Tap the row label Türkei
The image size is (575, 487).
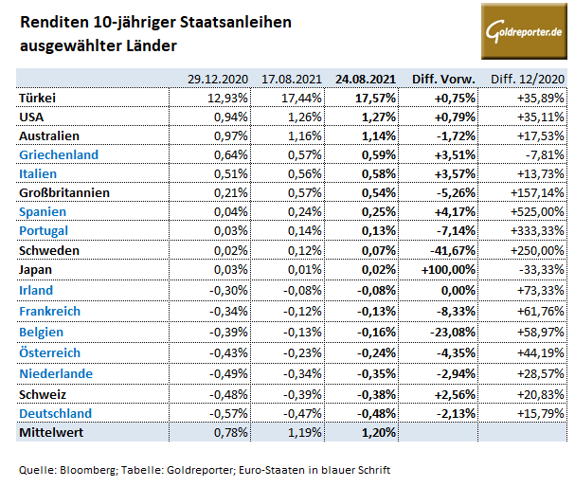point(38,97)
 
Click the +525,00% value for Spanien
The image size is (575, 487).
point(538,212)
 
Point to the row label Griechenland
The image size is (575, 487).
point(59,154)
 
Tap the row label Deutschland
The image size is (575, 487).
point(56,413)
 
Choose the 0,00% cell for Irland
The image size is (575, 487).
point(458,290)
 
